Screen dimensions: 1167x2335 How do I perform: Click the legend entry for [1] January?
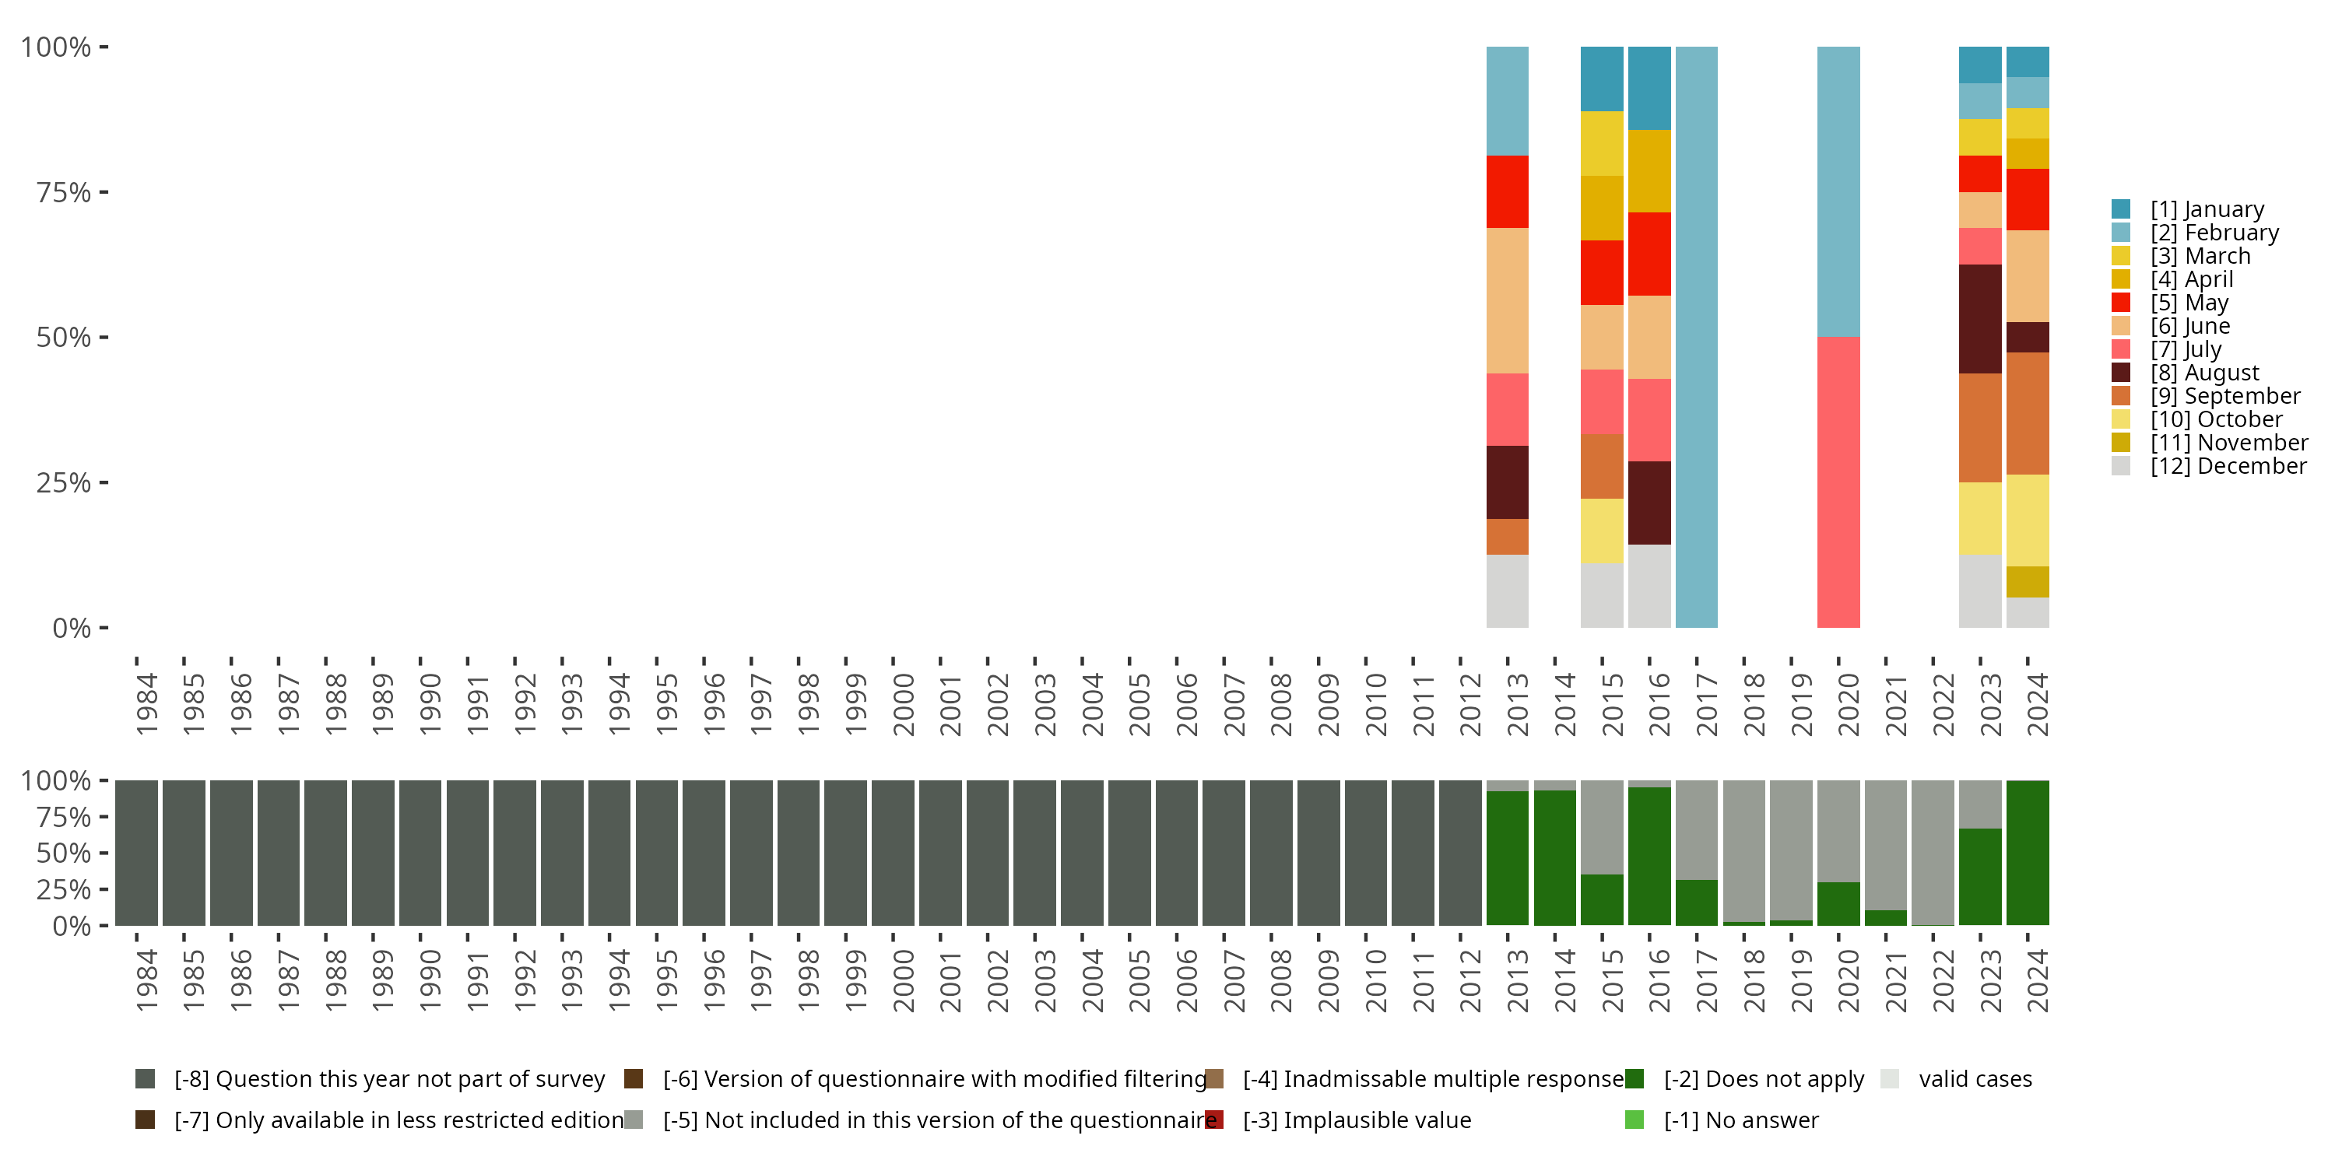tap(2207, 209)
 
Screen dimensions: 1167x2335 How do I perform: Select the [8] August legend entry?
tap(2203, 373)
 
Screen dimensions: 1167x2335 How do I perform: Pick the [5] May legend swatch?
tap(2120, 303)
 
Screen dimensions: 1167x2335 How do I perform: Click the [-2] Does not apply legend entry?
tap(1763, 1079)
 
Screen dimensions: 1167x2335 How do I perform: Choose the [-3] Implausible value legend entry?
tap(1356, 1120)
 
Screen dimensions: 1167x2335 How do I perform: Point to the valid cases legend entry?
tap(1974, 1079)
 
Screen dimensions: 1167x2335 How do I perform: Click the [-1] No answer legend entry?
tap(1740, 1120)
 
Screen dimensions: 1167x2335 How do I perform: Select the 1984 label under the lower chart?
tap(147, 981)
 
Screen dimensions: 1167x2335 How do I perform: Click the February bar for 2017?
tap(1696, 337)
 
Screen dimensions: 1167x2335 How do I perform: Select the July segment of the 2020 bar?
tap(1838, 482)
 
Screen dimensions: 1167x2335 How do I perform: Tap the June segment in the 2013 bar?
tap(1508, 301)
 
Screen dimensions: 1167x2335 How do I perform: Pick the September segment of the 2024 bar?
tap(2028, 413)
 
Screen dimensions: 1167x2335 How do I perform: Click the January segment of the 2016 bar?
tap(1649, 88)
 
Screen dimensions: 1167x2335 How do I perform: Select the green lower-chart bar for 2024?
tap(2028, 853)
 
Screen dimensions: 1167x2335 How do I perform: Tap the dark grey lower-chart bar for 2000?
tap(893, 853)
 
